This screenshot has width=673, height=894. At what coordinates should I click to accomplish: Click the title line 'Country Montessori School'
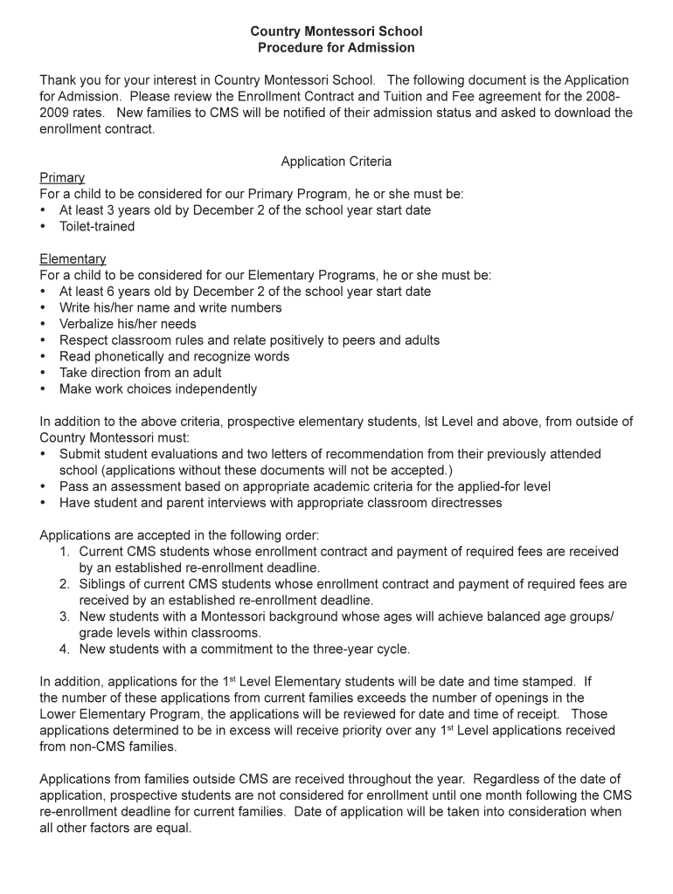pyautogui.click(x=336, y=31)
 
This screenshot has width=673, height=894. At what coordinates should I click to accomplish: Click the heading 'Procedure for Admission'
pyautogui.click(x=336, y=48)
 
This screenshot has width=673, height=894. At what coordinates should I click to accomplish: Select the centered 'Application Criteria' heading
pyautogui.click(x=336, y=162)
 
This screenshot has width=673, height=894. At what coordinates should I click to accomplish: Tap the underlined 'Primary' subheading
pyautogui.click(x=62, y=178)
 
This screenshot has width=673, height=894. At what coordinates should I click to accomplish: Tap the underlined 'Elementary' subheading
pyautogui.click(x=73, y=259)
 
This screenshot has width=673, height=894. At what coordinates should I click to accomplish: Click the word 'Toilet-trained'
pyautogui.click(x=97, y=226)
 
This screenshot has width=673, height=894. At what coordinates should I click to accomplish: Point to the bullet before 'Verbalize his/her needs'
pyautogui.click(x=44, y=324)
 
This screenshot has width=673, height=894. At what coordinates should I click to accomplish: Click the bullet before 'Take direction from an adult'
pyautogui.click(x=44, y=373)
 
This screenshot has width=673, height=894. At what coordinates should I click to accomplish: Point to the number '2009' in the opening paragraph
pyautogui.click(x=55, y=113)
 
